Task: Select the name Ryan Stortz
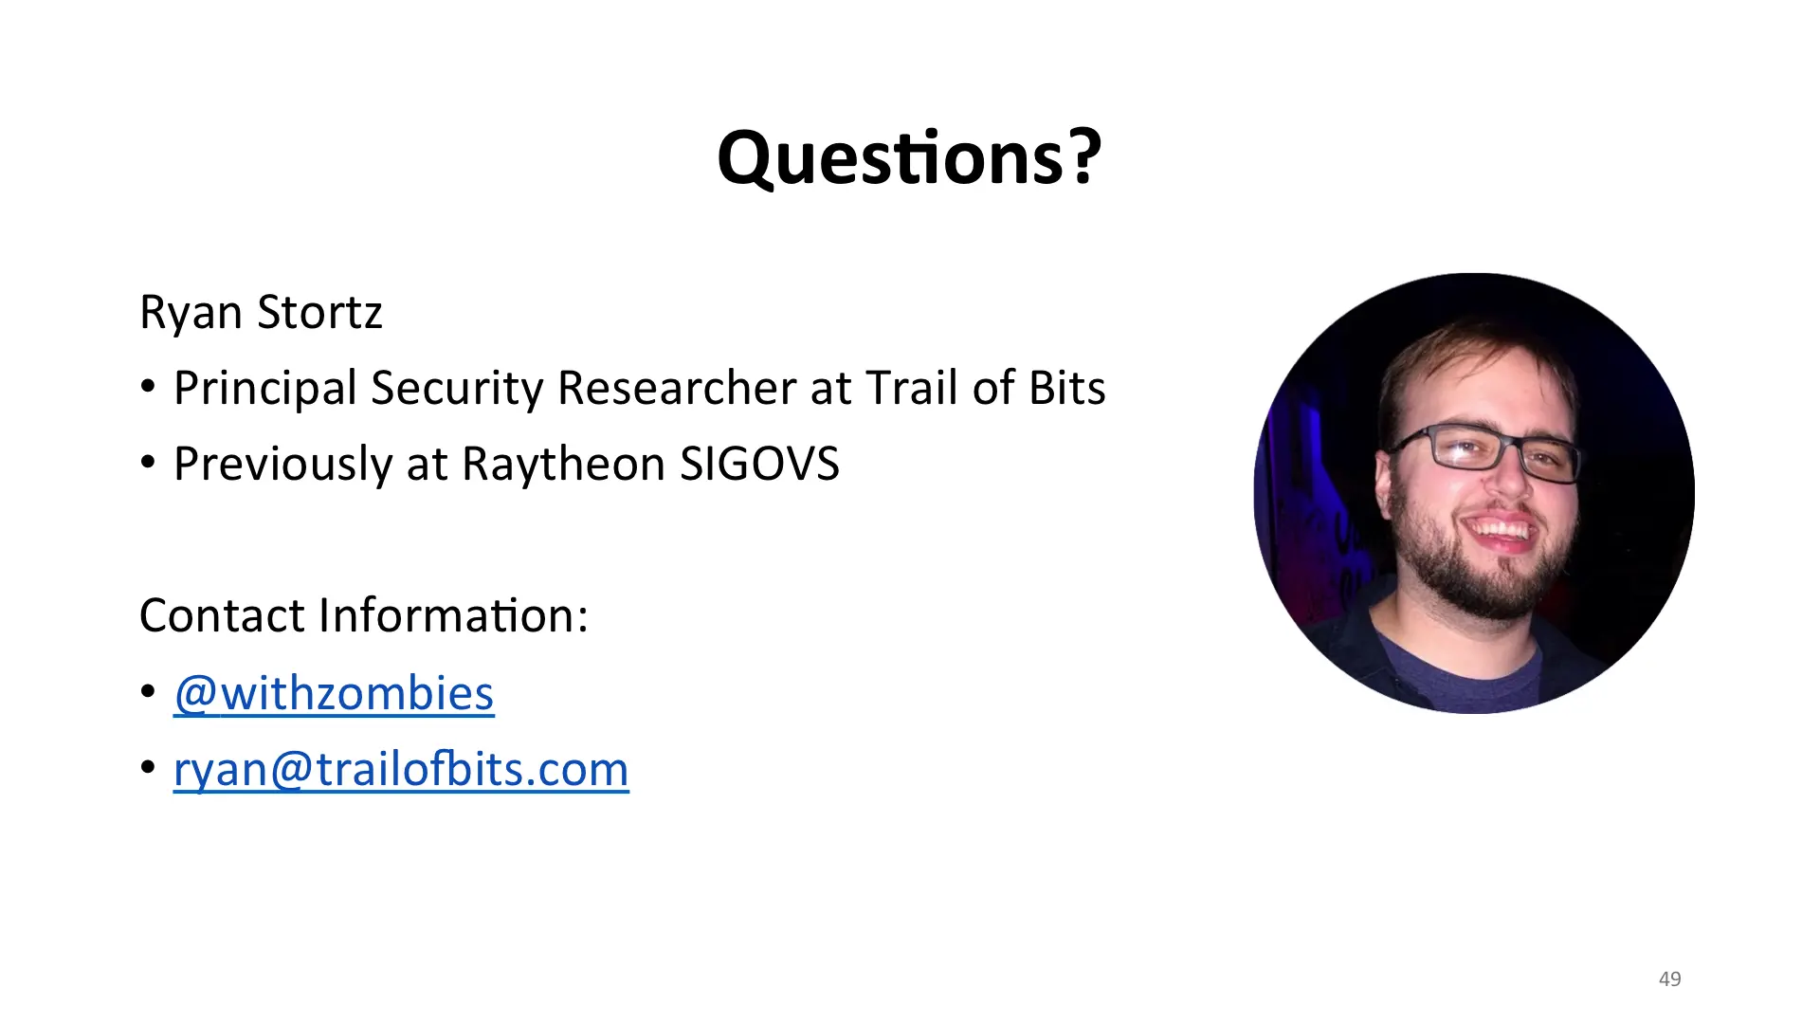pyautogui.click(x=261, y=313)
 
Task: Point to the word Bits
pyautogui.click(x=1067, y=388)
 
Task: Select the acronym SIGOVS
pyautogui.click(x=759, y=465)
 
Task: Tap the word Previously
pyautogui.click(x=282, y=466)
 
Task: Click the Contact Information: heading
pyautogui.click(x=364, y=615)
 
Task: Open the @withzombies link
pyautogui.click(x=334, y=694)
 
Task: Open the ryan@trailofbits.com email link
pyautogui.click(x=401, y=770)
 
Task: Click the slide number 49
pyautogui.click(x=1670, y=978)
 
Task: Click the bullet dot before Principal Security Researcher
pyautogui.click(x=148, y=387)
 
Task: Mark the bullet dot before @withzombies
pyautogui.click(x=148, y=691)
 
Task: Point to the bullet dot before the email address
pyautogui.click(x=148, y=767)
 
